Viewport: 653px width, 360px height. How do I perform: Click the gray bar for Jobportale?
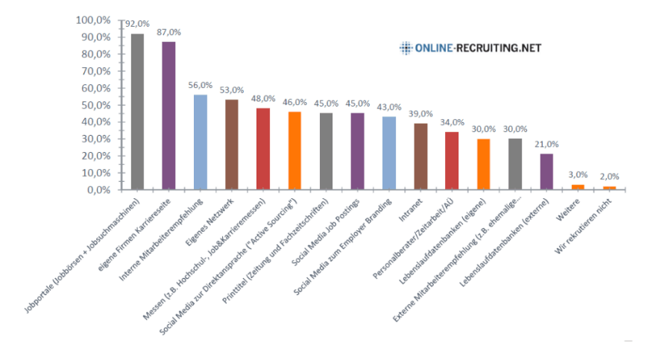137,112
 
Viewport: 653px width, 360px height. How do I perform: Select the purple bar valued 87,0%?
169,116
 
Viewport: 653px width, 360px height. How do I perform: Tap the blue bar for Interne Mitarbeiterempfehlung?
201,142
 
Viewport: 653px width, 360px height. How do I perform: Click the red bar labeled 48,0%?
263,148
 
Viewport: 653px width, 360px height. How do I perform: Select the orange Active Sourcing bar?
294,150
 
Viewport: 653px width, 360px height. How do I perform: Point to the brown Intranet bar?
420,156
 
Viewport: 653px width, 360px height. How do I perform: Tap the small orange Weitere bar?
578,186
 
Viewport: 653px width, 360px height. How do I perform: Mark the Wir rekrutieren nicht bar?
609,187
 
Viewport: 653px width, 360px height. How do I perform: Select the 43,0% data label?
390,107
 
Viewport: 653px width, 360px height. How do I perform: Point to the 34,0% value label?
452,122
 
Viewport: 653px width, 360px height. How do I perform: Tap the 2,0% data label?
610,177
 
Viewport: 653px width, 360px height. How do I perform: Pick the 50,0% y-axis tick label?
96,104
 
